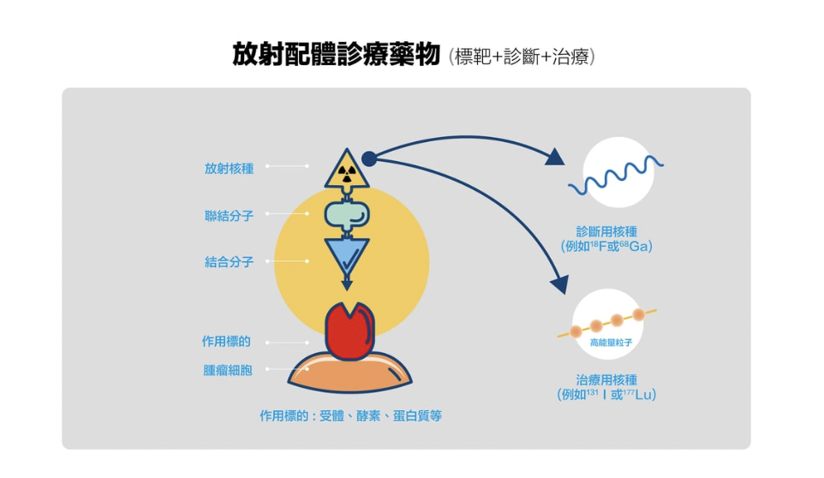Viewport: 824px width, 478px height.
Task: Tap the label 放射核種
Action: (229, 168)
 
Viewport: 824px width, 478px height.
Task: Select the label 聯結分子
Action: (229, 216)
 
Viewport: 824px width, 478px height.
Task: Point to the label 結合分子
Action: (229, 262)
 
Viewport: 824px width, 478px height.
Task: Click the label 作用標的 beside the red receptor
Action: (227, 341)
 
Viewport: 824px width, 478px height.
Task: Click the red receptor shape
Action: (349, 332)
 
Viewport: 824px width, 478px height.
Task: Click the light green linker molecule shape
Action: (347, 214)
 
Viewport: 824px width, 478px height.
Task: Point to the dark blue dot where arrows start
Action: (369, 158)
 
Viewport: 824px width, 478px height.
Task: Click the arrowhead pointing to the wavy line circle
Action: (555, 156)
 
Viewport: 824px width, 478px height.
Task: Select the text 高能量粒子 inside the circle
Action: (611, 343)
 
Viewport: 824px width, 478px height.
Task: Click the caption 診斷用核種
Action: (606, 231)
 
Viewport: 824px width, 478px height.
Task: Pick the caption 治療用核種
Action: (606, 380)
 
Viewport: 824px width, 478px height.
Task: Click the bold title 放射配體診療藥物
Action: (337, 55)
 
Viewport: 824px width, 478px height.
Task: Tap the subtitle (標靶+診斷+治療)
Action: (521, 57)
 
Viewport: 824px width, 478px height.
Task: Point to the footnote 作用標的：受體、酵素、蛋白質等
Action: (351, 416)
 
